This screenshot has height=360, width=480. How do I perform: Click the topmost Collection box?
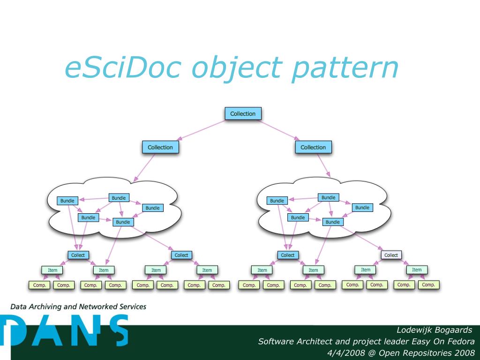243,113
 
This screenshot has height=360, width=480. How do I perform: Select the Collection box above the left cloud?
160,147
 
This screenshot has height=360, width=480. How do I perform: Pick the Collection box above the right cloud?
313,147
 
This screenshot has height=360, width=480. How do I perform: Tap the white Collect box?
391,255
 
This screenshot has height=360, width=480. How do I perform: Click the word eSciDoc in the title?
123,67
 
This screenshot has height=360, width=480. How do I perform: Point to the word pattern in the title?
345,68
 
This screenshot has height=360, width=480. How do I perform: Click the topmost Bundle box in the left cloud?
119,198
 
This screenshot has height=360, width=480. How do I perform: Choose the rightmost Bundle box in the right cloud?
362,207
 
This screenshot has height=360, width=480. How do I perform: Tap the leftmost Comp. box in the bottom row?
38,285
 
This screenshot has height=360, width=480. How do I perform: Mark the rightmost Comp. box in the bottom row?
428,284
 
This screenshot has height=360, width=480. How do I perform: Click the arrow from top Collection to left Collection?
202,130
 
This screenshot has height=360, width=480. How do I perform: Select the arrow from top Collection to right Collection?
279,130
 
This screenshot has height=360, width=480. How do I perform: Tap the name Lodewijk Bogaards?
434,330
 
